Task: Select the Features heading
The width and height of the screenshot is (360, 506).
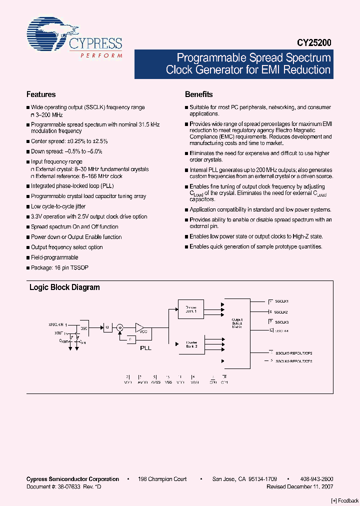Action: (41, 94)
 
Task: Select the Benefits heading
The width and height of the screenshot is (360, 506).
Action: (199, 94)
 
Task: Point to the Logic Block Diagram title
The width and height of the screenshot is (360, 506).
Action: (64, 287)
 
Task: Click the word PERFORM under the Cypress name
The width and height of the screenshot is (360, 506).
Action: (101, 55)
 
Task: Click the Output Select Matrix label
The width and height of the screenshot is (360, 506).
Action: (237, 323)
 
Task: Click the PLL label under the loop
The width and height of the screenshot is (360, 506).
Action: (145, 346)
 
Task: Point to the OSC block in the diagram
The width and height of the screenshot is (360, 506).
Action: (84, 328)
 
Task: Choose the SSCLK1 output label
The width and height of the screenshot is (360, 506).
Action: (282, 301)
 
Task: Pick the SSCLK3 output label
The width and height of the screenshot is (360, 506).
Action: (282, 322)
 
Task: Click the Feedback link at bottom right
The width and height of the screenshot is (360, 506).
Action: (345, 500)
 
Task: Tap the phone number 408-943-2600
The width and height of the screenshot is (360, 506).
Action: (317, 479)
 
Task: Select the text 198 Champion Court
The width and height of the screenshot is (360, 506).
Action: (162, 479)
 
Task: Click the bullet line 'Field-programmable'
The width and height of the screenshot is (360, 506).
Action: (54, 257)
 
